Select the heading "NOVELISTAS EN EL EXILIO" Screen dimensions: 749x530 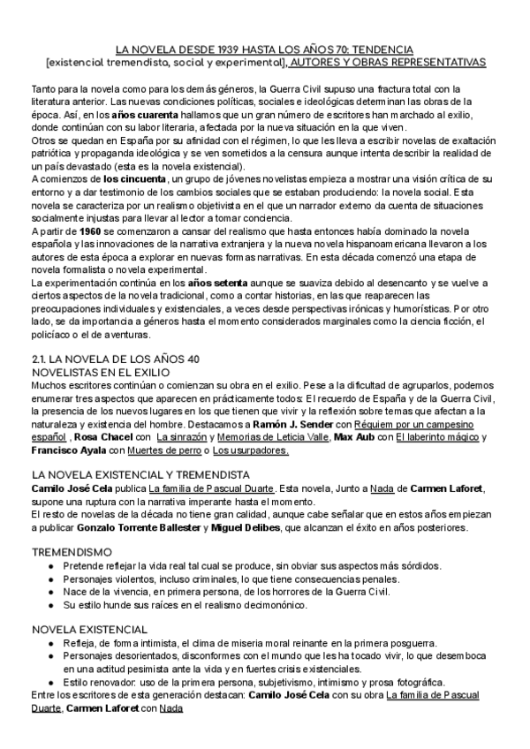102,373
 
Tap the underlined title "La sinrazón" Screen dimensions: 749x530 181,437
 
